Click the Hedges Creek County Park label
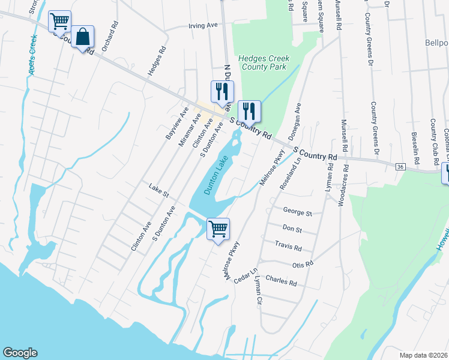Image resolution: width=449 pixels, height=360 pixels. click(x=264, y=62)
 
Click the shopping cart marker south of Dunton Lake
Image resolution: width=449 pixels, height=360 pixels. click(x=218, y=229)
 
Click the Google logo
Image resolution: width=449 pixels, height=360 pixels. click(x=20, y=353)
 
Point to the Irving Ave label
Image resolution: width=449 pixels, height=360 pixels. click(x=202, y=26)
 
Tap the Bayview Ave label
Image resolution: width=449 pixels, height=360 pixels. click(x=177, y=124)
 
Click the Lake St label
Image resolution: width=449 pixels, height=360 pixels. click(x=159, y=191)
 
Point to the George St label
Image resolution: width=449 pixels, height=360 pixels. click(x=298, y=212)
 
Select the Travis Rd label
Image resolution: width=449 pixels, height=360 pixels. click(x=288, y=246)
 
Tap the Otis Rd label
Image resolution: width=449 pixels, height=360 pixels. click(x=302, y=264)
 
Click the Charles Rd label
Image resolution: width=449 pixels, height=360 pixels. click(x=281, y=281)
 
